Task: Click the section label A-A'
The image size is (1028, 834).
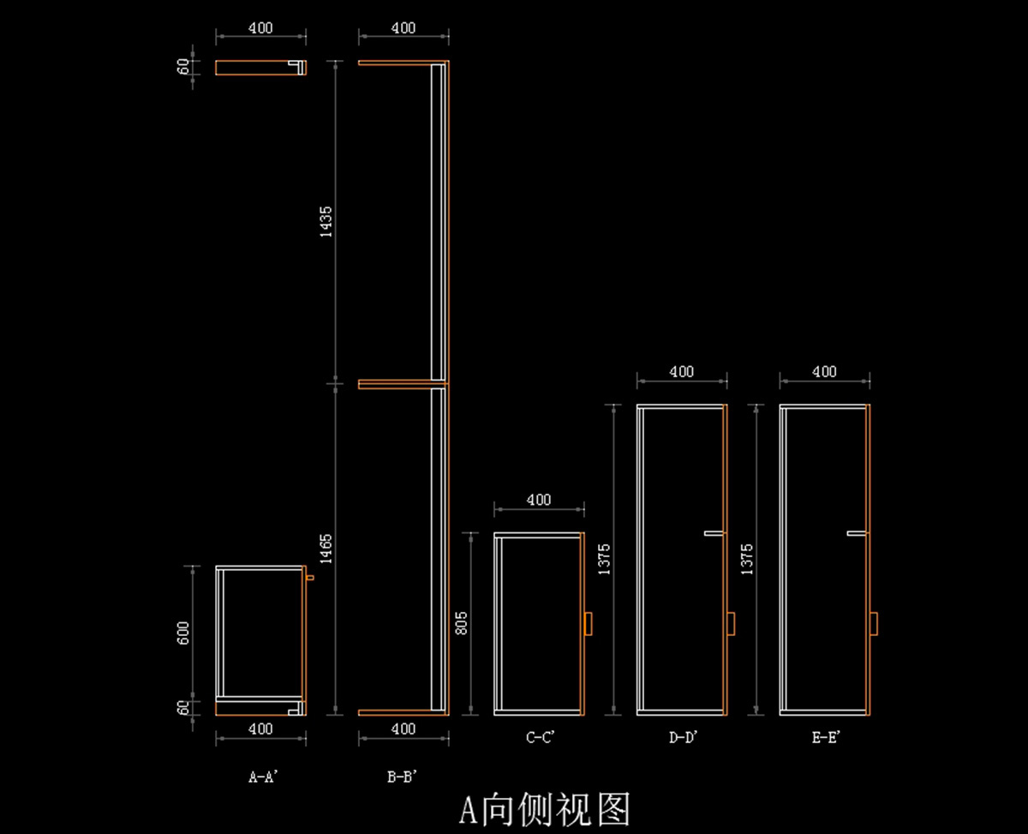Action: click(x=263, y=777)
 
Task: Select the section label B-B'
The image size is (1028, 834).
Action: click(x=402, y=777)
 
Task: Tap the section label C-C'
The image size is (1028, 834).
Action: click(x=540, y=737)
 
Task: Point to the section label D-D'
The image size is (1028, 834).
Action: click(x=683, y=737)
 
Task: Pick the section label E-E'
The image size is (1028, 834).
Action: click(x=826, y=737)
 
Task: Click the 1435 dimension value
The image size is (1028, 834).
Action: click(x=326, y=222)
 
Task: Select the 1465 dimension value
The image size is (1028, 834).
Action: click(x=326, y=549)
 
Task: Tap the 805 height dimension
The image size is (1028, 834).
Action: click(x=462, y=623)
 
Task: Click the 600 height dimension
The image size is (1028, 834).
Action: click(x=183, y=633)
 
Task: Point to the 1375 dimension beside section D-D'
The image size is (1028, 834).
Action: click(x=604, y=559)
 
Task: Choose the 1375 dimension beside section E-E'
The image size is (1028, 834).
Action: click(x=747, y=559)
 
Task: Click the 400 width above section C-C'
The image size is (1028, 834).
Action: click(x=539, y=500)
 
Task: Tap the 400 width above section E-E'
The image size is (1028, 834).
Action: click(x=824, y=372)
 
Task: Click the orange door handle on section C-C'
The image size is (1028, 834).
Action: click(x=588, y=623)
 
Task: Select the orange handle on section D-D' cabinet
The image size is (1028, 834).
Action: click(x=731, y=623)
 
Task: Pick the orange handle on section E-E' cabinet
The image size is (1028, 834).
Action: click(x=874, y=623)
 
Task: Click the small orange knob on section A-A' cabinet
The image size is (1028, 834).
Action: click(x=310, y=578)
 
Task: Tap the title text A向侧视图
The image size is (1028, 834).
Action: click(x=544, y=810)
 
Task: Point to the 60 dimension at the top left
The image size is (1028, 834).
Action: click(x=183, y=67)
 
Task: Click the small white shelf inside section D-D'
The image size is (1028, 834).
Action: click(x=714, y=533)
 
